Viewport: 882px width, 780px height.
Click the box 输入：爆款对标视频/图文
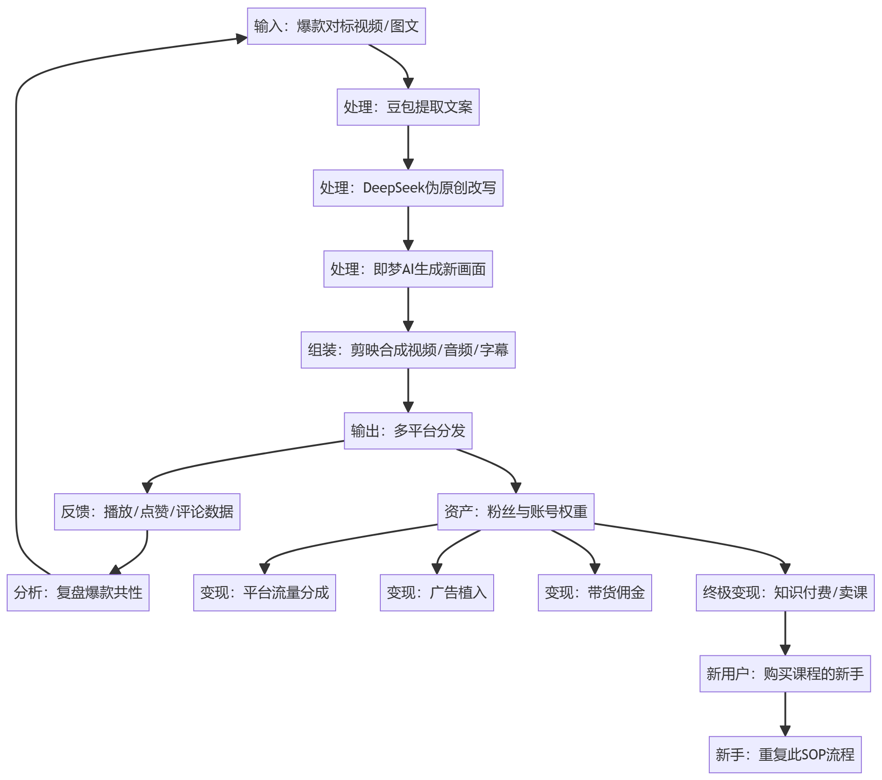point(337,26)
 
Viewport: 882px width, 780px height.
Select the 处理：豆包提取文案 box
point(408,107)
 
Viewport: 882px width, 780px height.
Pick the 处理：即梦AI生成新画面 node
point(408,269)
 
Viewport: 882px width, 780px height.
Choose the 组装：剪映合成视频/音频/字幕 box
point(408,350)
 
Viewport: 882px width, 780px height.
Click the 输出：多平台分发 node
point(408,431)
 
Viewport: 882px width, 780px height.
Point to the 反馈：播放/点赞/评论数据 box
point(147,512)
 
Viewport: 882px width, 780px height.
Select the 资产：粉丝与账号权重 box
point(516,512)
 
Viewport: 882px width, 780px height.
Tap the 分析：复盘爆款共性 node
point(78,593)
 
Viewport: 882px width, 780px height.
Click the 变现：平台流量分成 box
point(265,593)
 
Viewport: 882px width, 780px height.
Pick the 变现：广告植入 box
point(437,593)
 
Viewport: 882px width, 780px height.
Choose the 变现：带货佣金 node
point(595,593)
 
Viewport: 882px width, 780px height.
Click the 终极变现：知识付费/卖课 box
point(785,593)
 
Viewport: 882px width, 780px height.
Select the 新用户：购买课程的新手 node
point(785,674)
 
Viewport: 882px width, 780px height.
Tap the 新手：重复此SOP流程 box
point(785,755)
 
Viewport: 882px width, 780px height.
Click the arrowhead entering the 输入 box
point(242,38)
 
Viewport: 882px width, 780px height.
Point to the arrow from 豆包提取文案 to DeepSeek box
point(408,147)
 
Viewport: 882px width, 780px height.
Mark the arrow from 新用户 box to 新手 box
point(785,714)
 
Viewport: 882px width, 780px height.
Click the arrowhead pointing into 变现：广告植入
point(437,569)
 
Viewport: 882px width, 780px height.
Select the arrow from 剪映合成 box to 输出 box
point(408,390)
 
